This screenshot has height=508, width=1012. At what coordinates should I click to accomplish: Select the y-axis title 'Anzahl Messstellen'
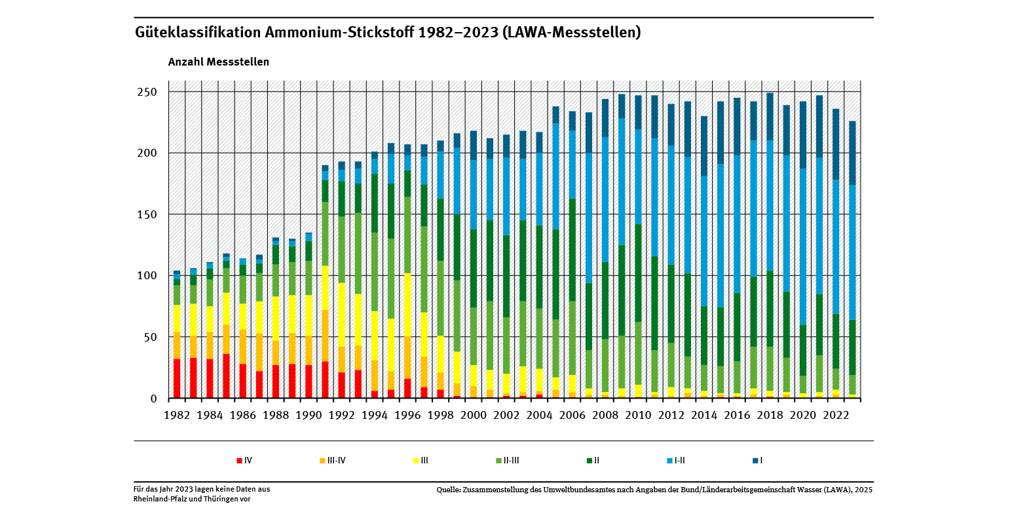tap(218, 62)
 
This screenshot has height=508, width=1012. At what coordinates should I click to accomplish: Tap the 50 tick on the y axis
tap(150, 337)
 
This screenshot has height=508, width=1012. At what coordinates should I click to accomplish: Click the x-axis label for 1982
tap(177, 416)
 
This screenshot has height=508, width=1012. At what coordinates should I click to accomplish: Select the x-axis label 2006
tap(572, 416)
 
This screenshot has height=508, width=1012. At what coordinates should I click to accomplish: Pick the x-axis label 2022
tap(835, 416)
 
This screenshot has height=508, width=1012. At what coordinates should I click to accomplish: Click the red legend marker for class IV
tap(240, 461)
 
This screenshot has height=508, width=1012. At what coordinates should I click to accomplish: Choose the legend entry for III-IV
tap(332, 461)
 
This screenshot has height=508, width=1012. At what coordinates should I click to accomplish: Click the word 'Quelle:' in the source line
tap(450, 490)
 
